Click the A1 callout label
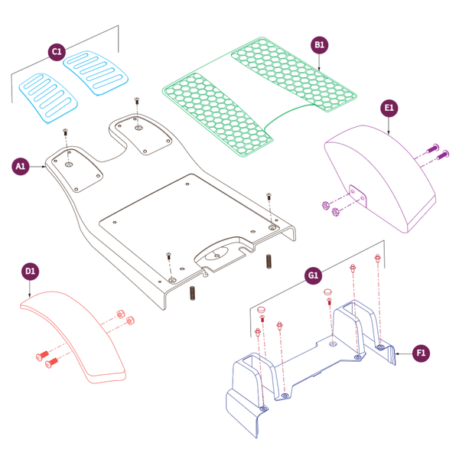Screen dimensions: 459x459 click(x=21, y=165)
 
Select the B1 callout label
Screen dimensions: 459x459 click(x=320, y=45)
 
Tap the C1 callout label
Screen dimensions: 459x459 click(x=56, y=51)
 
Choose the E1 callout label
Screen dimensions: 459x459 click(x=389, y=109)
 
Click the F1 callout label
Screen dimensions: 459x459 click(x=420, y=353)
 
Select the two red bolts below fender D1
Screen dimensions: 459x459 click(x=46, y=359)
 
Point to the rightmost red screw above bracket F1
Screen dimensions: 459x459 click(x=377, y=261)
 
